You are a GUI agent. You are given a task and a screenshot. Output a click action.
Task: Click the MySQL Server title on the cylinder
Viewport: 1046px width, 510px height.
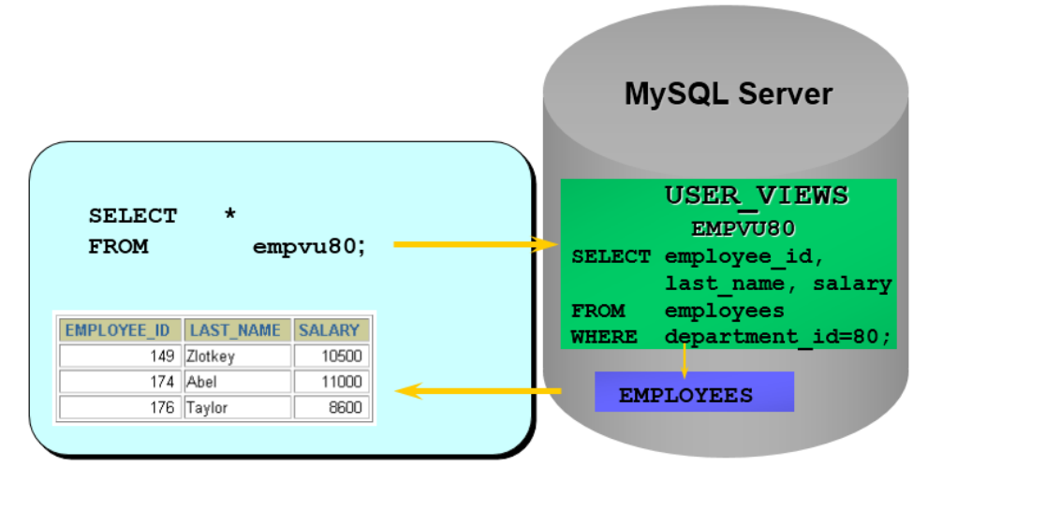coord(728,95)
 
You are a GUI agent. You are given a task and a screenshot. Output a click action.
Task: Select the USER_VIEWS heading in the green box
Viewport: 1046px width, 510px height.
coord(756,197)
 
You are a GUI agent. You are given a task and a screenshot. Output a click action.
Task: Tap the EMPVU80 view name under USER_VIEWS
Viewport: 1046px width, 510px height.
coord(743,228)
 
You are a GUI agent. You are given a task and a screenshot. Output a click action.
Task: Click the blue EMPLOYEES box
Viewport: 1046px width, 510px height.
coord(694,392)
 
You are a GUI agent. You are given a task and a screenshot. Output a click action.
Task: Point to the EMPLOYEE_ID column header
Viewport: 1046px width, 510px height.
coord(118,330)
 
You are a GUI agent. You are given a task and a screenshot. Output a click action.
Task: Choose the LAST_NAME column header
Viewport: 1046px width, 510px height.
coord(238,330)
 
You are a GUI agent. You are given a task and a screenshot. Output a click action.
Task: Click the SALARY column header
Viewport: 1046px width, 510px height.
coord(330,330)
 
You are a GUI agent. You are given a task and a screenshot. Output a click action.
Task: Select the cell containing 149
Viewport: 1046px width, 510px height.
coord(119,356)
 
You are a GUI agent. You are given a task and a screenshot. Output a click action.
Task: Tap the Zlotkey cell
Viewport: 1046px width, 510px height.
coord(238,356)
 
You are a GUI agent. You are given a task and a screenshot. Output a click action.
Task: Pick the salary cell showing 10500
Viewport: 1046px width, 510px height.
coord(331,356)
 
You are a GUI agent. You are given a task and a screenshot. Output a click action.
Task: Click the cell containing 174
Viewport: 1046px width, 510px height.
coord(119,382)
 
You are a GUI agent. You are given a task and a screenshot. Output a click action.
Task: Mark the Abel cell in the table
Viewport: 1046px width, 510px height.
coord(238,382)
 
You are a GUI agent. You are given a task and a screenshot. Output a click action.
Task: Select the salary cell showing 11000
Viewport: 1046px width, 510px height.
coord(331,382)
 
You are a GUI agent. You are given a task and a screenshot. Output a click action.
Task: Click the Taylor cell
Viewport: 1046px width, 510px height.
coord(238,408)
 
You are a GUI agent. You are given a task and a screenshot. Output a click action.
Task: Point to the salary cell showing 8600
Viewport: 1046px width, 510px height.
coord(331,408)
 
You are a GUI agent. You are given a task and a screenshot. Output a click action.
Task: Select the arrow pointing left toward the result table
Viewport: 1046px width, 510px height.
coord(479,391)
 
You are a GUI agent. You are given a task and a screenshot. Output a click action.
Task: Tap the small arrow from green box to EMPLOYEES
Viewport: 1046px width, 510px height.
coord(685,360)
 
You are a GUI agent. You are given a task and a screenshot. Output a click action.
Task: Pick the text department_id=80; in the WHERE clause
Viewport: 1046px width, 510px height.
coord(778,337)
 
